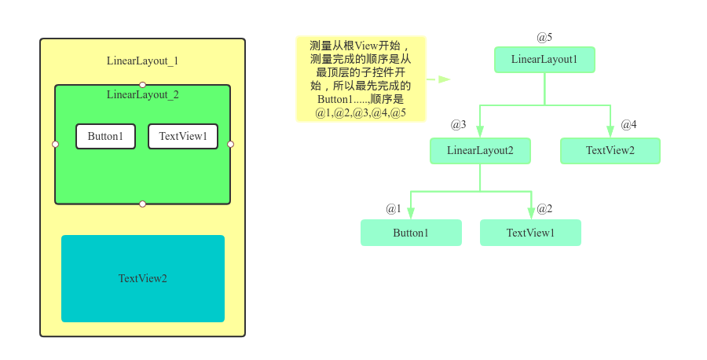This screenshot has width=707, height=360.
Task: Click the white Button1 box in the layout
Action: [x=105, y=137]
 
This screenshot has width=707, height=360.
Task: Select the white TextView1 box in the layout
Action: [x=183, y=137]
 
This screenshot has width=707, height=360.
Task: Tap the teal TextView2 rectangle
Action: [x=143, y=278]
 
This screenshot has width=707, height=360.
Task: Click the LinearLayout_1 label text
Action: [x=143, y=61]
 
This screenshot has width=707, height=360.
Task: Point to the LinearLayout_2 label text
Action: [x=143, y=95]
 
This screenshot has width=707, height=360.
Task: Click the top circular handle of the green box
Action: [x=142, y=85]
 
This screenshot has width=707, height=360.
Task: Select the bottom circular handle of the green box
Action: [x=142, y=204]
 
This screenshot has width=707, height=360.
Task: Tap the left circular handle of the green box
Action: [x=55, y=144]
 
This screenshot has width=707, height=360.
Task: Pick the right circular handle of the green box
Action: [x=230, y=144]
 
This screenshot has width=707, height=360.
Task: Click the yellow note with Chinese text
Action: [x=361, y=79]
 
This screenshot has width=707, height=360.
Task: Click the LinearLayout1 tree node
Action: [x=544, y=60]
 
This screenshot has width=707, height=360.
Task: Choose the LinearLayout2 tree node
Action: [x=480, y=151]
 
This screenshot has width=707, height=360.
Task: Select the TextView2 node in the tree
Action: [x=610, y=151]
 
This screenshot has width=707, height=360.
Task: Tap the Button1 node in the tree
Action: [x=411, y=233]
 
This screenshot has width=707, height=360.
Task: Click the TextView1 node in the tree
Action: [x=530, y=233]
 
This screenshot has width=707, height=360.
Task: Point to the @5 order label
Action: [x=544, y=38]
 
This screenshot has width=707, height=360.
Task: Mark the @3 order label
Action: [x=458, y=125]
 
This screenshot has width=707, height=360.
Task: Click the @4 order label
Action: [x=628, y=125]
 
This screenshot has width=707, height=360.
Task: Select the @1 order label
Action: [x=393, y=209]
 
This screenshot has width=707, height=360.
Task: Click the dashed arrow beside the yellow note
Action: [x=438, y=79]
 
